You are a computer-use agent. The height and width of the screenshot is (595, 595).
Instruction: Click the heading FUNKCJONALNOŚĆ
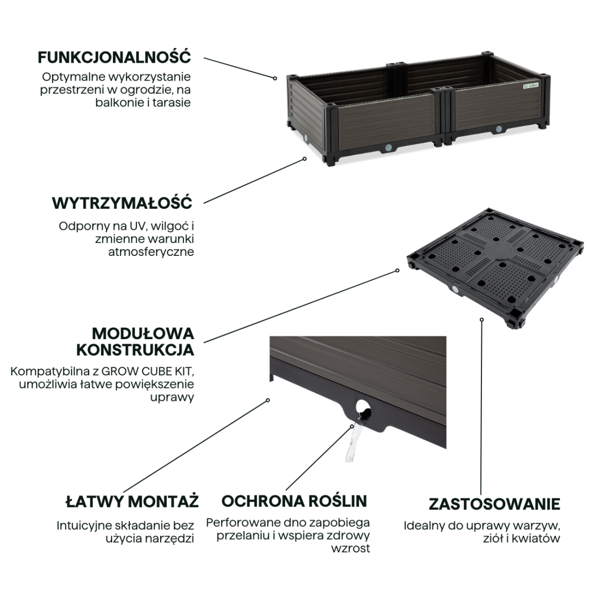pyautogui.click(x=114, y=58)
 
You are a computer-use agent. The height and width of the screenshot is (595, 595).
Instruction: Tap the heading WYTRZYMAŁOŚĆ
pyautogui.click(x=122, y=203)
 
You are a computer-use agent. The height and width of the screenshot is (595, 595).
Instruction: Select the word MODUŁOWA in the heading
pyautogui.click(x=143, y=334)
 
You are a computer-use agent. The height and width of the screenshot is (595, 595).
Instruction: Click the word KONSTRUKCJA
pyautogui.click(x=135, y=350)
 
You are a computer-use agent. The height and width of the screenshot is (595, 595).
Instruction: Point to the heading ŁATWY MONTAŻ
pyautogui.click(x=132, y=501)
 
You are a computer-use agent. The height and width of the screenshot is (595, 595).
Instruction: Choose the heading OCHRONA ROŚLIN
pyautogui.click(x=294, y=501)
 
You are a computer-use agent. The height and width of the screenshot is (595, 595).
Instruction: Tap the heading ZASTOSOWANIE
pyautogui.click(x=494, y=504)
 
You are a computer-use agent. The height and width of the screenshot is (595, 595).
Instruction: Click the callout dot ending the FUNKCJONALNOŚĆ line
pyautogui.click(x=275, y=78)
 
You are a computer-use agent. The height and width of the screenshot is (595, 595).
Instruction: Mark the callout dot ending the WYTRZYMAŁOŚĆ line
pyautogui.click(x=305, y=159)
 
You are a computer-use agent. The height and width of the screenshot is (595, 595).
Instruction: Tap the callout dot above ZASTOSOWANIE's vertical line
pyautogui.click(x=481, y=320)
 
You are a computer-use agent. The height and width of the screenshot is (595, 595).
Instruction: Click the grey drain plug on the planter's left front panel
pyautogui.click(x=388, y=147)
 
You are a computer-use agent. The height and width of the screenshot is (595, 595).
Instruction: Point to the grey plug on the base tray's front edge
pyautogui.click(x=454, y=290)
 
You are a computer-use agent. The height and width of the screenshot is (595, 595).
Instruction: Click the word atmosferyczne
pyautogui.click(x=151, y=252)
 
